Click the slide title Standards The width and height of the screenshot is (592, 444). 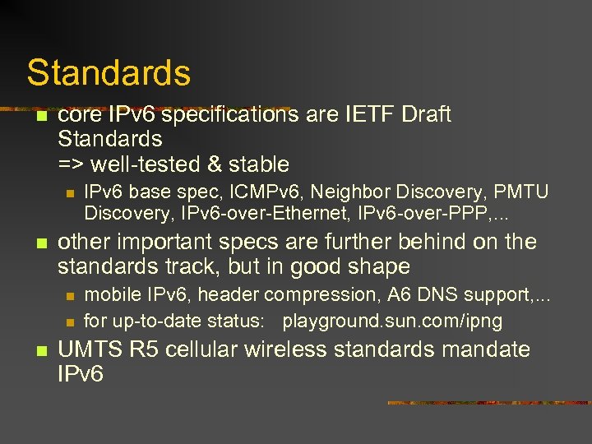click(x=109, y=72)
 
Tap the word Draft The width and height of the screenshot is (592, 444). click(x=426, y=114)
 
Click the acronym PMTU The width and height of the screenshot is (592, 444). click(x=520, y=192)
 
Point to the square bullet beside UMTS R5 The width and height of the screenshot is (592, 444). click(x=38, y=350)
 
